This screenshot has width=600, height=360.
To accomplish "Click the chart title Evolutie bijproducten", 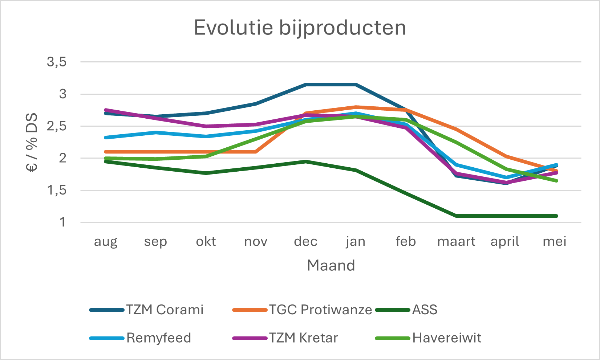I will pos(300,28).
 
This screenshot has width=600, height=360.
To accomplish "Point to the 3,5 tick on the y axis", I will pos(57,62).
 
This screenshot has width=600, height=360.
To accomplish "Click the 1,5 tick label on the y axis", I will pos(57,190).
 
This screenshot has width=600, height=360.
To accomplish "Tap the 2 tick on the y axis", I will pos(63,158).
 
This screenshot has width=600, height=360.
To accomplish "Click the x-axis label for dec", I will pos(305,241).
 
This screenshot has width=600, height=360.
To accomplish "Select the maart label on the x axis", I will pos(456,241).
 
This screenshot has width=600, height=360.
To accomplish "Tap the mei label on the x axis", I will pos(555,241).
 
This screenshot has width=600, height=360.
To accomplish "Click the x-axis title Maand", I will pos(331,265).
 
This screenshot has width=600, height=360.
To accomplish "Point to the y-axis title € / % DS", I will pos(32,142).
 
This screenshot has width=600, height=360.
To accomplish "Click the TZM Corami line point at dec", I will pos(306,85).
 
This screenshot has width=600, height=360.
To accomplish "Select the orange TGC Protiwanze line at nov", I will pos(256,152).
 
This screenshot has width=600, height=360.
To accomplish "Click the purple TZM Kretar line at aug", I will pos(106,110).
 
